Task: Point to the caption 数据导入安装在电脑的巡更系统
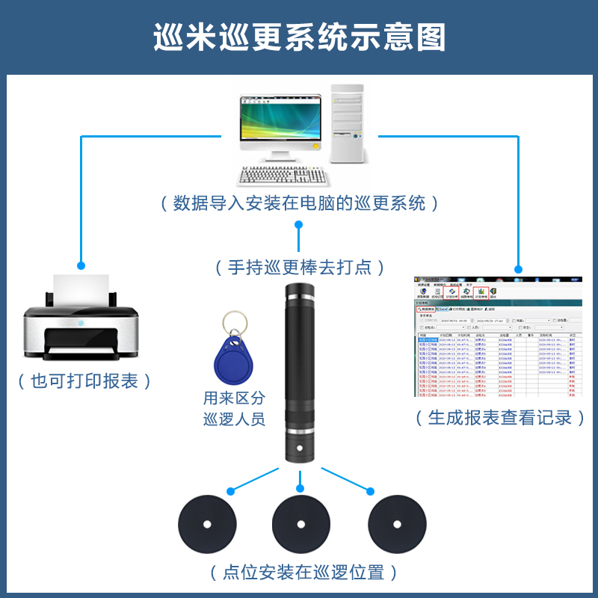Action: tap(299, 203)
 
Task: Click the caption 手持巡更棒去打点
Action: tap(299, 267)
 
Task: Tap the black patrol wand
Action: tap(299, 374)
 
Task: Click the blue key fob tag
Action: tap(232, 363)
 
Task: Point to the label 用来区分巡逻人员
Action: tap(234, 408)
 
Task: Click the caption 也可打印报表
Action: tap(84, 381)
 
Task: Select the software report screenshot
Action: tap(498, 336)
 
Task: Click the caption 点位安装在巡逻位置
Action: tap(303, 573)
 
